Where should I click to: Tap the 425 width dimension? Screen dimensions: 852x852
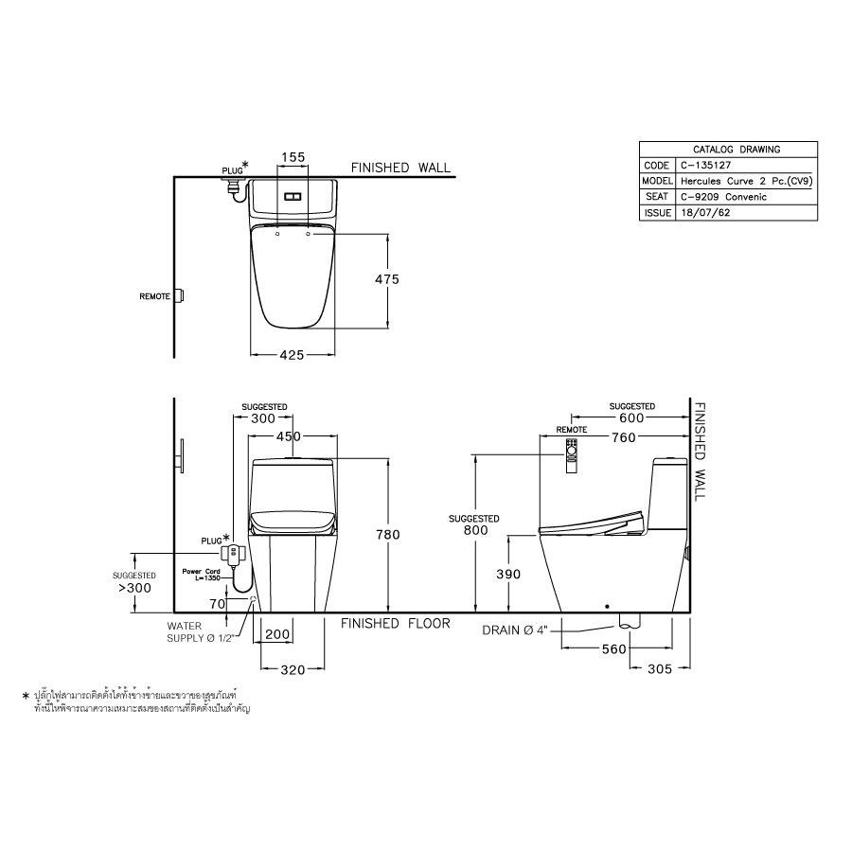click(x=292, y=355)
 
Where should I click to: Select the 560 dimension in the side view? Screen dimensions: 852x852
click(x=614, y=649)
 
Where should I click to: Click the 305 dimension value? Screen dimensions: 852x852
click(x=659, y=668)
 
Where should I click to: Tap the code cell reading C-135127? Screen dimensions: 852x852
click(x=704, y=165)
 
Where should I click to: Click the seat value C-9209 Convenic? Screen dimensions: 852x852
click(x=723, y=197)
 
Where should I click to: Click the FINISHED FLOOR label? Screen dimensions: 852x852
click(x=396, y=624)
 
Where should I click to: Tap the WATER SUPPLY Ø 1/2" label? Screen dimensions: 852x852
click(x=200, y=631)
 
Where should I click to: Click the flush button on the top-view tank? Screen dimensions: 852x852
click(x=293, y=197)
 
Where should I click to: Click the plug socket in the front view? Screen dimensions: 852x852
click(x=232, y=552)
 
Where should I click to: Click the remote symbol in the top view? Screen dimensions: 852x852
click(x=179, y=296)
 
